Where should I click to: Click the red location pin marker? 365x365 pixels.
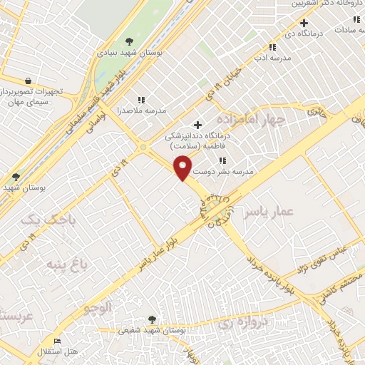(x=184, y=168)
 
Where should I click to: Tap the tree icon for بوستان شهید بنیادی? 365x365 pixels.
(x=129, y=41)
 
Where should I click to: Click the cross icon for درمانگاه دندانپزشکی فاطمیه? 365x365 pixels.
(x=198, y=125)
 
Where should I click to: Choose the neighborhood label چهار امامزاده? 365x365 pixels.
(x=250, y=119)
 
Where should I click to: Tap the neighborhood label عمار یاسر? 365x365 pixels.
(x=267, y=212)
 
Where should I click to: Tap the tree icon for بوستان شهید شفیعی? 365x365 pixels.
(x=150, y=319)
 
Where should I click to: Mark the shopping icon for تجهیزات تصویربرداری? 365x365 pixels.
(x=28, y=81)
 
